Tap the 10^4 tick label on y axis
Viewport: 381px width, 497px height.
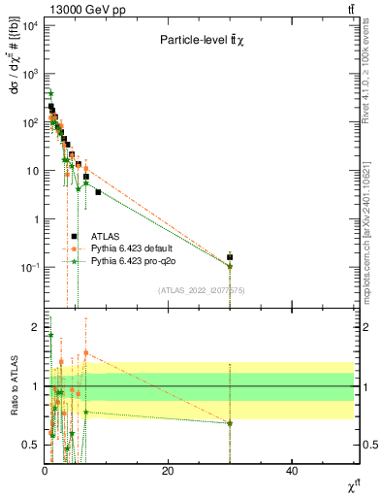pyautogui.click(x=29, y=25)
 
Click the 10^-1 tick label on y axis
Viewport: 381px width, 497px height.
pyautogui.click(x=29, y=267)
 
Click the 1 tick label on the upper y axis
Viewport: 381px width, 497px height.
pyautogui.click(x=35, y=218)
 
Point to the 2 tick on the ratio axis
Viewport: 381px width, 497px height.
pyautogui.click(x=35, y=326)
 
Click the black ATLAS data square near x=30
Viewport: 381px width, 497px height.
pyautogui.click(x=230, y=257)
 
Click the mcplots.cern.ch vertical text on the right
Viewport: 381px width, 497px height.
pyautogui.click(x=372, y=223)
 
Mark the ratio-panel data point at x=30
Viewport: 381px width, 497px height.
pyautogui.click(x=230, y=423)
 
